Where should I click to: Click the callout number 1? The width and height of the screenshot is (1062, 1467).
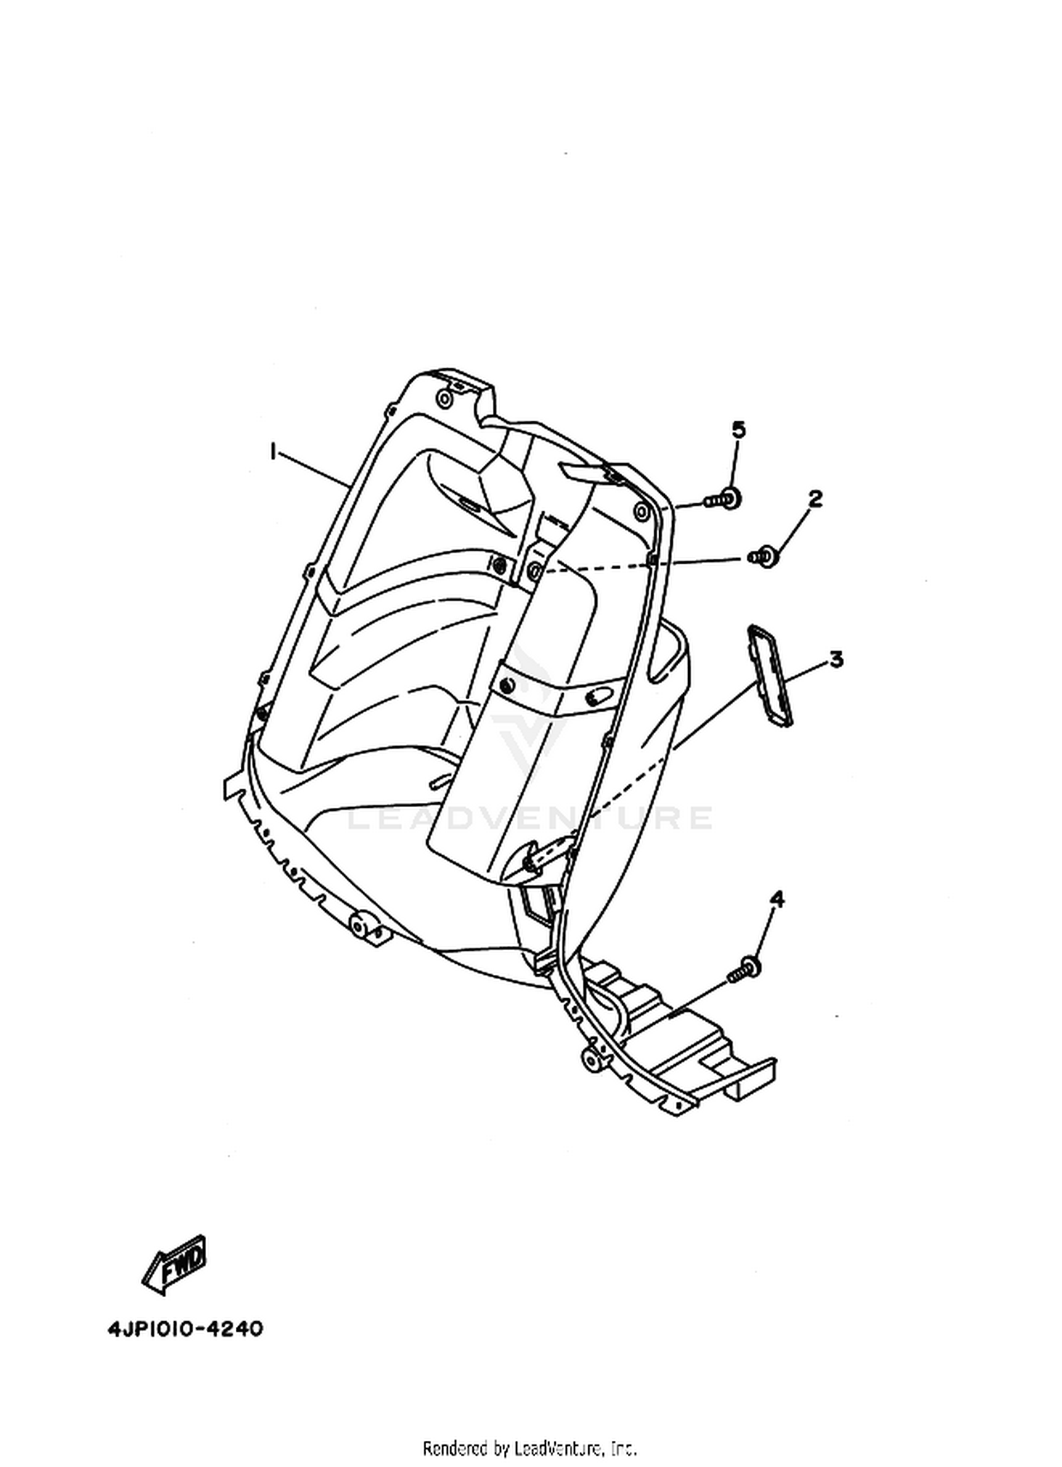(x=273, y=451)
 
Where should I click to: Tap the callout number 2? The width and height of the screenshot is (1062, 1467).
(x=815, y=498)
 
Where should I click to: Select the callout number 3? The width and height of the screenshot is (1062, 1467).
(x=836, y=659)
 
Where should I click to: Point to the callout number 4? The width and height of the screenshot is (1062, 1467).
(x=777, y=899)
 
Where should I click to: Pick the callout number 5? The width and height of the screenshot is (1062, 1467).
(x=738, y=430)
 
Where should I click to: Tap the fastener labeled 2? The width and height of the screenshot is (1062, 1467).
(x=763, y=556)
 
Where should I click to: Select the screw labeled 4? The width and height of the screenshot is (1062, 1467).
(x=744, y=968)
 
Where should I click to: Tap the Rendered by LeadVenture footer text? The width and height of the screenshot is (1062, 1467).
(x=530, y=1447)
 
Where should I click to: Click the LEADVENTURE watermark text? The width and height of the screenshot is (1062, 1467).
(x=530, y=818)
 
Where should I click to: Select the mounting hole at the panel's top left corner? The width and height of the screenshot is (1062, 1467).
(x=444, y=400)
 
